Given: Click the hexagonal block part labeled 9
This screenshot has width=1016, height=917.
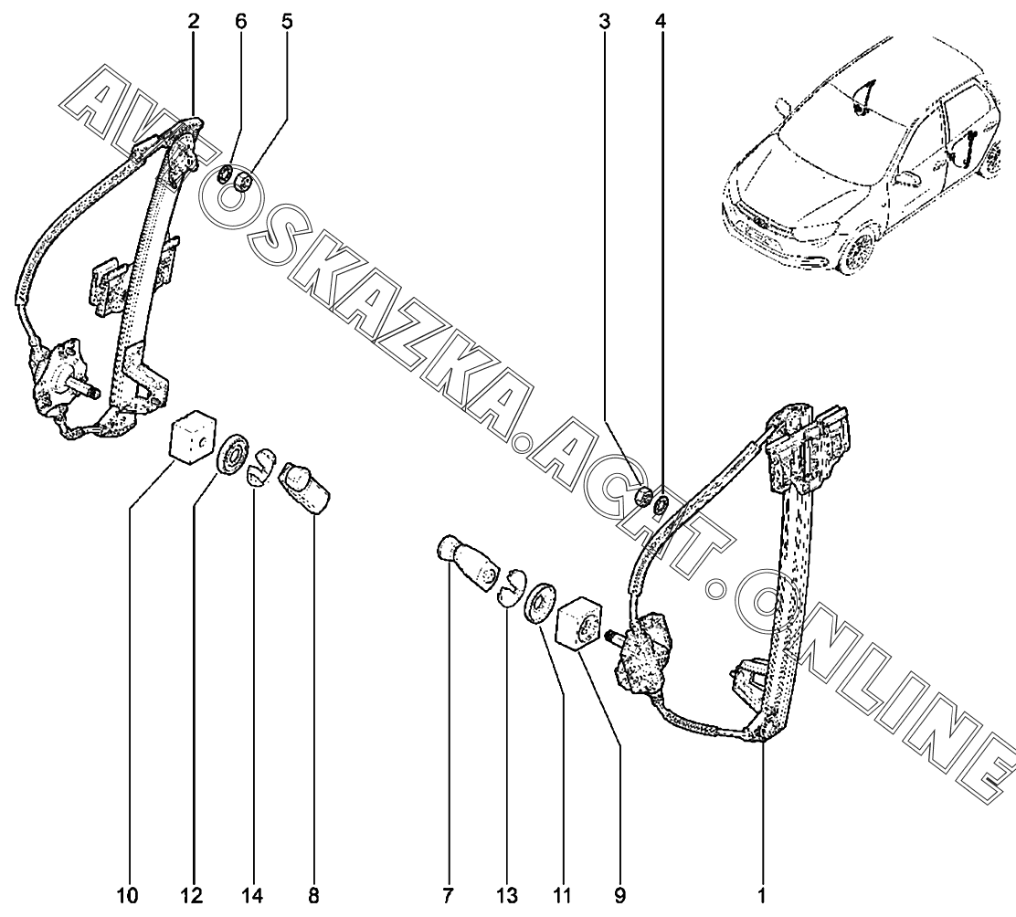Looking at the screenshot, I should click(578, 625).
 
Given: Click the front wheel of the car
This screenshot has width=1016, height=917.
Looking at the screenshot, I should click(854, 257).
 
